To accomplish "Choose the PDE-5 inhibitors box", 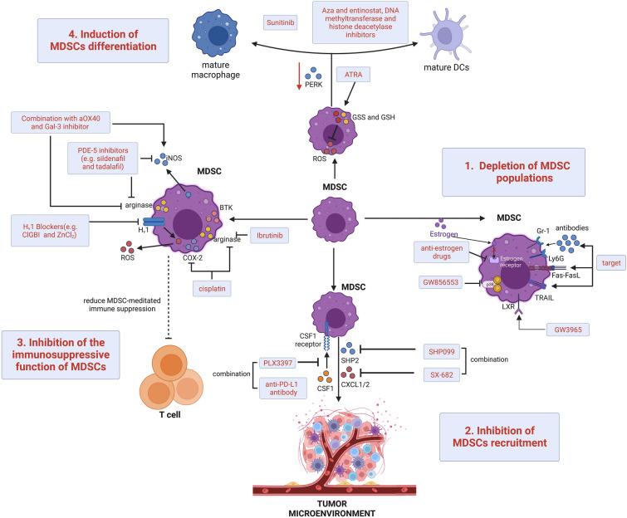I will [109, 158].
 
